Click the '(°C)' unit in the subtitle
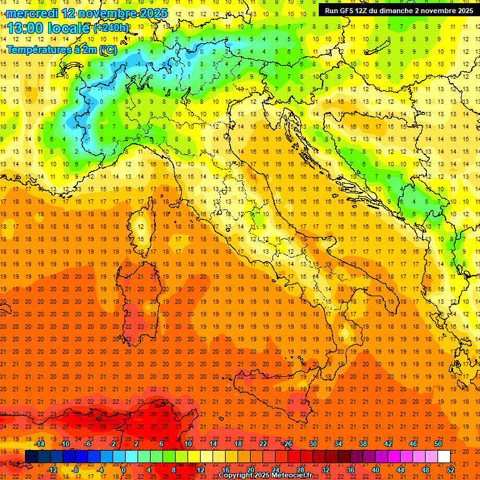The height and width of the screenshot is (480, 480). click(107, 49)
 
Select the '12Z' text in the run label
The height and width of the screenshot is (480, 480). click(364, 11)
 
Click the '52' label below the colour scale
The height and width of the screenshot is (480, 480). click(451, 470)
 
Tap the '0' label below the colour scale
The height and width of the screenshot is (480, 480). click(124, 470)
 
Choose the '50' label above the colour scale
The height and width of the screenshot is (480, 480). click(437, 444)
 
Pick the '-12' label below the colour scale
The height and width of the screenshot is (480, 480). click(52, 470)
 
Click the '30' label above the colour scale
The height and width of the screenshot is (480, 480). click(312, 444)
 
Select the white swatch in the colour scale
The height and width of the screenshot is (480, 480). click(444, 457)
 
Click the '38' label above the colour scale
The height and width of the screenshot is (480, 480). click(362, 444)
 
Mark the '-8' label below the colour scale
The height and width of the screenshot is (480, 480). click(76, 470)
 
